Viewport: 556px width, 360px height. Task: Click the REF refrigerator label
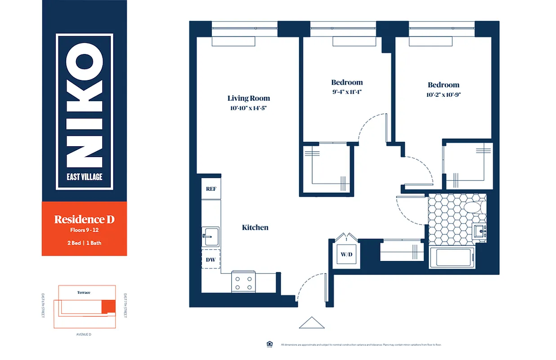click(211, 189)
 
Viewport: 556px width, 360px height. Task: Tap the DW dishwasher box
click(211, 260)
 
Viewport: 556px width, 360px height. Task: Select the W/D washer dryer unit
click(346, 255)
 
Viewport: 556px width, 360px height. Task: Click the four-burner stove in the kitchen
click(243, 283)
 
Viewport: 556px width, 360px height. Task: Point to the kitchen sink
click(211, 235)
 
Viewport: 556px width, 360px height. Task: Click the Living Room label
click(248, 98)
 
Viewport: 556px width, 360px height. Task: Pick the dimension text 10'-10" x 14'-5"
click(248, 108)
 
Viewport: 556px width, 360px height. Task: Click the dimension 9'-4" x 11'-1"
click(347, 92)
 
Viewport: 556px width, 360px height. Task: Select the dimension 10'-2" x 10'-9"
click(443, 94)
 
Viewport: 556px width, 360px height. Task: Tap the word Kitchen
click(255, 228)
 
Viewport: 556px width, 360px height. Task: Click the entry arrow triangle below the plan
click(312, 323)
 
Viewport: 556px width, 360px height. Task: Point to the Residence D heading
click(84, 220)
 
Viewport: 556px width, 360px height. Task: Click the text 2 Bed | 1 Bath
click(84, 243)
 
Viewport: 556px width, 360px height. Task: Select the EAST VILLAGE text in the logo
click(85, 177)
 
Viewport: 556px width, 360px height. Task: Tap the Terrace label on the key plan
click(84, 292)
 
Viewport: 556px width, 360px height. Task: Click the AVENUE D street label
click(84, 334)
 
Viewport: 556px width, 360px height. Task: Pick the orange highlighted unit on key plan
click(108, 307)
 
